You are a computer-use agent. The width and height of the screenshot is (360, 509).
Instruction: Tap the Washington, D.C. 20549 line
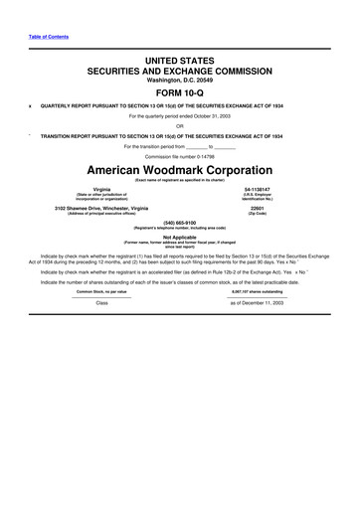click(x=180, y=78)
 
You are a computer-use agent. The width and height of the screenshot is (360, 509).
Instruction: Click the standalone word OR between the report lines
click(x=180, y=125)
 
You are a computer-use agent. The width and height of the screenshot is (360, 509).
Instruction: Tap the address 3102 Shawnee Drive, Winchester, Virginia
click(x=101, y=207)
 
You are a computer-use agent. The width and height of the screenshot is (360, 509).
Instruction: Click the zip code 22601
click(x=258, y=207)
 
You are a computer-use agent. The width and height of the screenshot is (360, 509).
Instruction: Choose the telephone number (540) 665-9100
click(x=180, y=222)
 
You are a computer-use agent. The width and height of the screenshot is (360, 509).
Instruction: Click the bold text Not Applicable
click(x=180, y=237)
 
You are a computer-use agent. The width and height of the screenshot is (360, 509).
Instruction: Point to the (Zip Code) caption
click(x=258, y=213)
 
